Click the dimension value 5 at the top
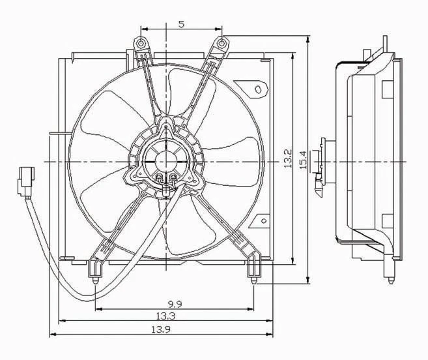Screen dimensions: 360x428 point(181,24)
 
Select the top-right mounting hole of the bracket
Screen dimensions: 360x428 point(223,44)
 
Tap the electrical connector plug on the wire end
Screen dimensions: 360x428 point(25,182)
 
